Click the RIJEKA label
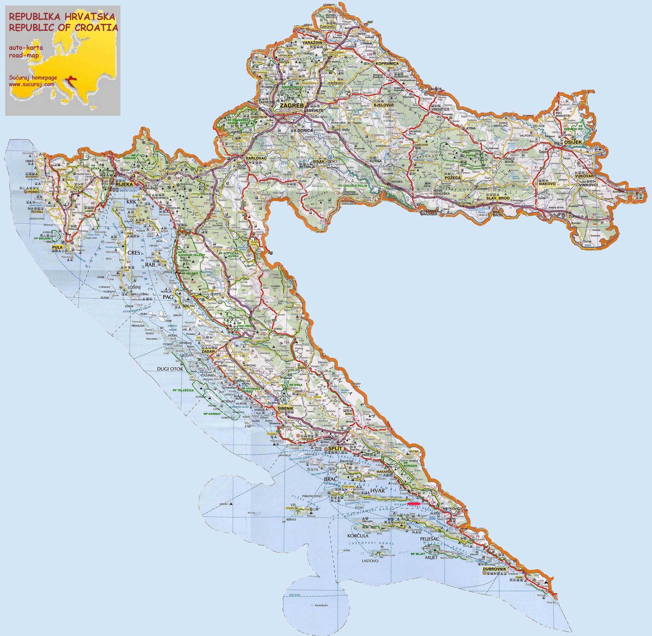point(124,184)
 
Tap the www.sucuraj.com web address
point(31,85)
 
